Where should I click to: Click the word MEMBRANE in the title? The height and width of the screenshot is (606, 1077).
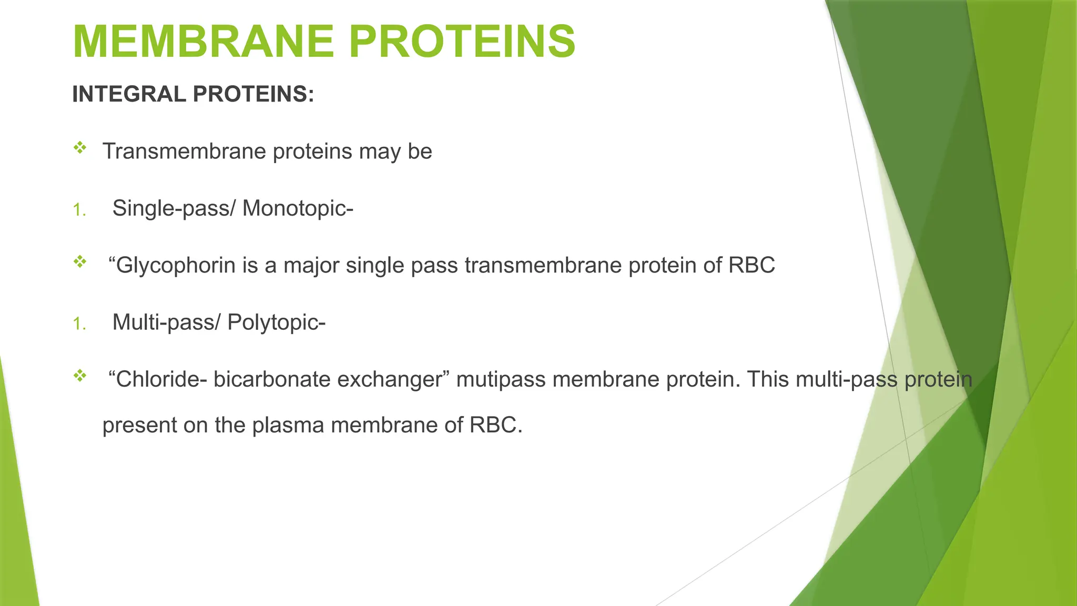tap(203, 42)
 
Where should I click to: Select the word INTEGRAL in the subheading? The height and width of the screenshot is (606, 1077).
tap(129, 94)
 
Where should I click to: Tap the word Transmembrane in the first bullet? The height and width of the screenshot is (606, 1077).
tap(184, 151)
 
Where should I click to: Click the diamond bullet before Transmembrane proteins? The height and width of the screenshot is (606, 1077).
tap(80, 148)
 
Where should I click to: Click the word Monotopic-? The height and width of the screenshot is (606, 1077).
tap(298, 208)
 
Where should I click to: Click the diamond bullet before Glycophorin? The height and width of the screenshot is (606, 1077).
tap(80, 261)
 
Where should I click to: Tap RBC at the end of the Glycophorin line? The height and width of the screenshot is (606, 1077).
tap(751, 265)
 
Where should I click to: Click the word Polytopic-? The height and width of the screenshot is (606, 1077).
tap(276, 322)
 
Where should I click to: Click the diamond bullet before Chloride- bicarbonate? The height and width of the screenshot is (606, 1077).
tap(80, 376)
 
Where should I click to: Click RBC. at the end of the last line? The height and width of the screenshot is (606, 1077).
tap(496, 425)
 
